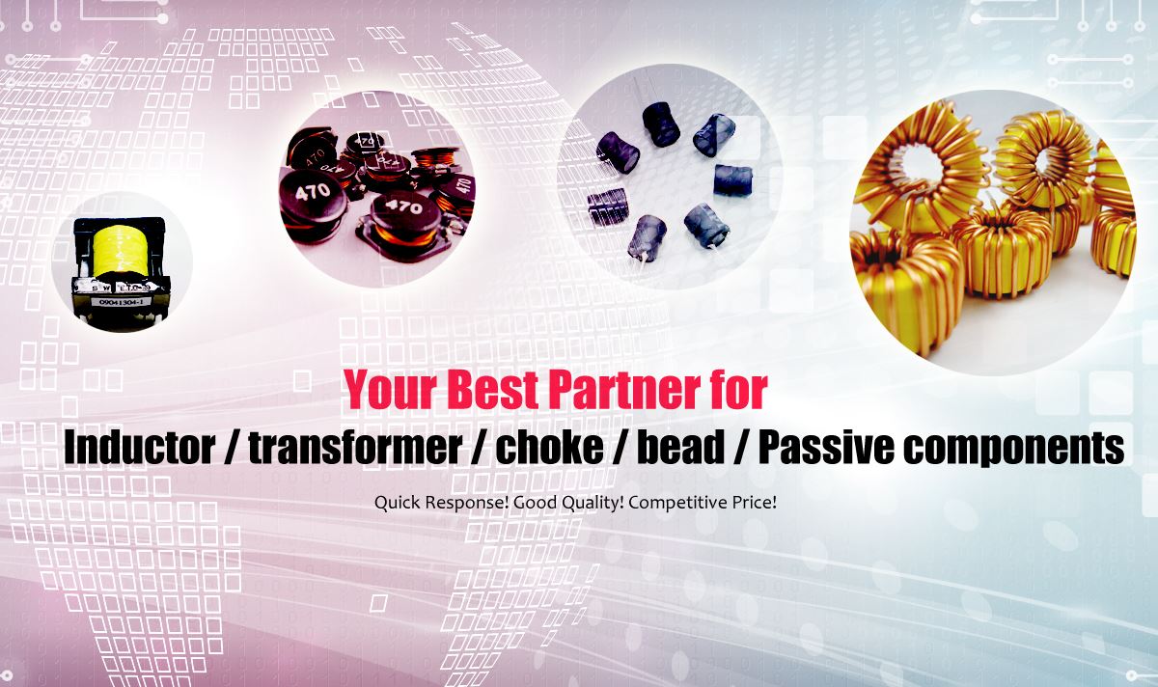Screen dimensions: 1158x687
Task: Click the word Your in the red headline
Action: click(x=390, y=390)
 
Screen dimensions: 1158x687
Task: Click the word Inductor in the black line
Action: click(x=140, y=448)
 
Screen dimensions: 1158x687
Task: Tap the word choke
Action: click(x=549, y=448)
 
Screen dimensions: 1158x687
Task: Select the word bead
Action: click(x=679, y=448)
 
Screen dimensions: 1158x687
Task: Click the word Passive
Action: click(x=826, y=448)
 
